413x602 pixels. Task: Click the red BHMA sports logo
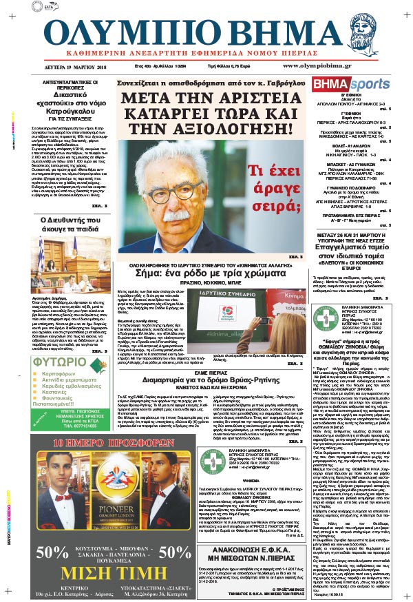[341, 84]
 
